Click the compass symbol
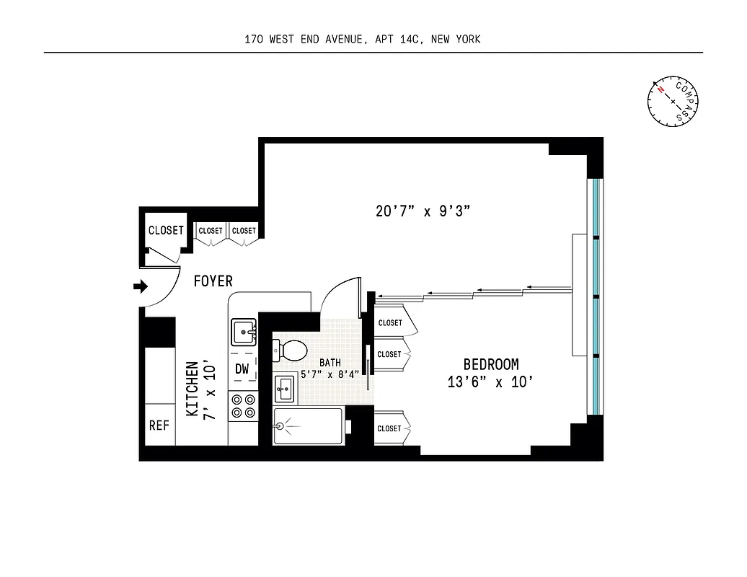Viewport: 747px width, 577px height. click(673, 100)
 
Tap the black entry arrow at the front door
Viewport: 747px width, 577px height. click(141, 287)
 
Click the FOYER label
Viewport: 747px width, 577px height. click(213, 281)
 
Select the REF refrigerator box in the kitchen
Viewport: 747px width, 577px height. click(159, 425)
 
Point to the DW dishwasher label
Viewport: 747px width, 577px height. click(242, 369)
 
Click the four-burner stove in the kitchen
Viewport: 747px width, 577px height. click(243, 405)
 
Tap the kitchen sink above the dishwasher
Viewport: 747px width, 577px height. click(243, 333)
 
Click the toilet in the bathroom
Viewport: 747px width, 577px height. click(290, 351)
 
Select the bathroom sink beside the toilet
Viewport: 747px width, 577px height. click(284, 389)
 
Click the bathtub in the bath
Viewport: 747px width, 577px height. click(308, 426)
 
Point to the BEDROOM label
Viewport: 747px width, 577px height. click(490, 365)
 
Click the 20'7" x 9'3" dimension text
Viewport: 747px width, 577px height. click(423, 211)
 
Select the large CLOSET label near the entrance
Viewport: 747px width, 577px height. click(166, 231)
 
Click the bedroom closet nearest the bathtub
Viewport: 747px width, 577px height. click(390, 428)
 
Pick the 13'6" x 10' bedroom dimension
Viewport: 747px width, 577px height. click(490, 382)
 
